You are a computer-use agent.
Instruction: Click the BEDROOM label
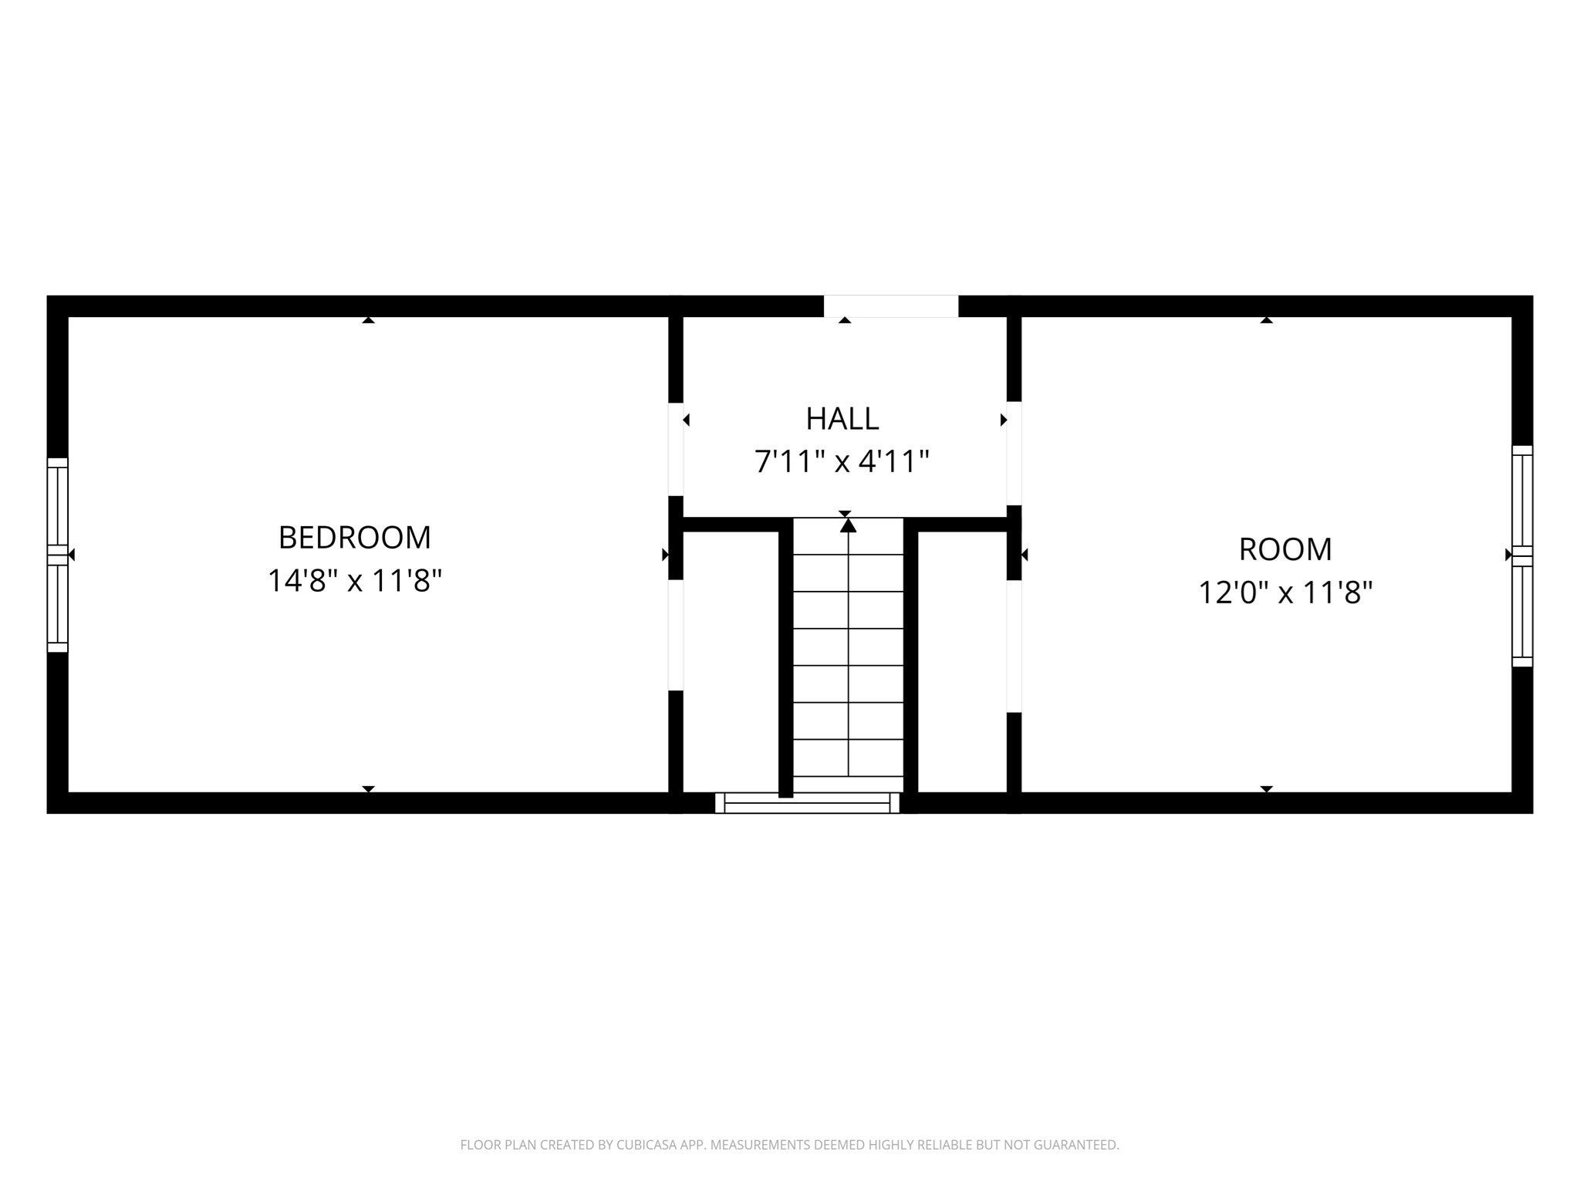354,537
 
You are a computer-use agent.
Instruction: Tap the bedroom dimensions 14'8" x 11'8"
354,580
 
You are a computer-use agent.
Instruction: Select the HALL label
842,419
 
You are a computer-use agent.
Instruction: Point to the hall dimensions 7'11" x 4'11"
842,462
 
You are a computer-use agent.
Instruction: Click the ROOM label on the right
1285,549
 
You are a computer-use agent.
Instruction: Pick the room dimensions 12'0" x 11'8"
1285,592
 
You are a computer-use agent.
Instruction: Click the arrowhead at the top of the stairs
849,525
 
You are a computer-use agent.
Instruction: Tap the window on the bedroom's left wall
58,555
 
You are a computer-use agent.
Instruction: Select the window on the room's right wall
1522,555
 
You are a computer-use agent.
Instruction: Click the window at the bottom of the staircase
808,803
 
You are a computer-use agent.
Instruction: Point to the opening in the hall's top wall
891,306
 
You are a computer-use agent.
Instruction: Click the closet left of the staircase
731,662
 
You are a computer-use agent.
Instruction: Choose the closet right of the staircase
963,662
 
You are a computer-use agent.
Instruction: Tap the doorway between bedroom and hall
676,449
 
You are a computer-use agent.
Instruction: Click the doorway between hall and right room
1015,454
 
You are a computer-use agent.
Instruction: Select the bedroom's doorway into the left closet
676,635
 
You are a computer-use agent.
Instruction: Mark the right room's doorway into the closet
1015,647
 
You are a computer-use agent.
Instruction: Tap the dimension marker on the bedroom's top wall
369,319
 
